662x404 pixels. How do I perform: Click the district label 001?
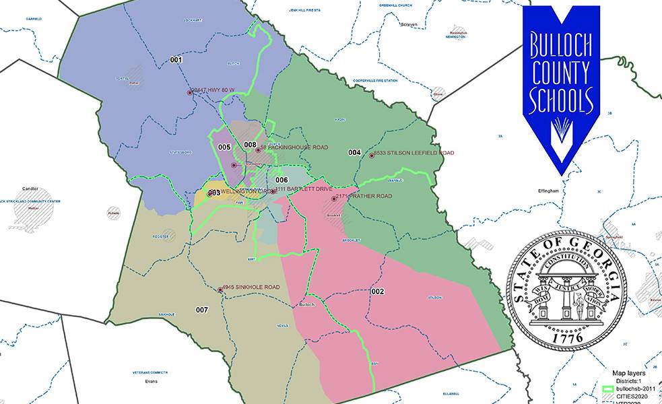point(176,60)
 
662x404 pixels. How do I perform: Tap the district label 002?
point(377,291)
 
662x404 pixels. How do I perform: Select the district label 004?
point(354,153)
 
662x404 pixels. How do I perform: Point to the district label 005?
point(225,147)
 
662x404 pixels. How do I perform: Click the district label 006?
point(282,180)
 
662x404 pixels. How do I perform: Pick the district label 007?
point(202,310)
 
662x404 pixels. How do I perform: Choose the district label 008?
point(250,145)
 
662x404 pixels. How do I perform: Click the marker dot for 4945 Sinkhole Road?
point(220,290)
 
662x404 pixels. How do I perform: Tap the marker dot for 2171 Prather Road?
point(333,198)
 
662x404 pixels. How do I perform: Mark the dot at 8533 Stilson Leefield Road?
point(371,156)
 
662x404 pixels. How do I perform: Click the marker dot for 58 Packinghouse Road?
point(258,150)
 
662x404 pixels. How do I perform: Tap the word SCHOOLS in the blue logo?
point(561,102)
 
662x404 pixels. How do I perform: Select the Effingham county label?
point(548,191)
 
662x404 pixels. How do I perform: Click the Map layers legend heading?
point(628,372)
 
